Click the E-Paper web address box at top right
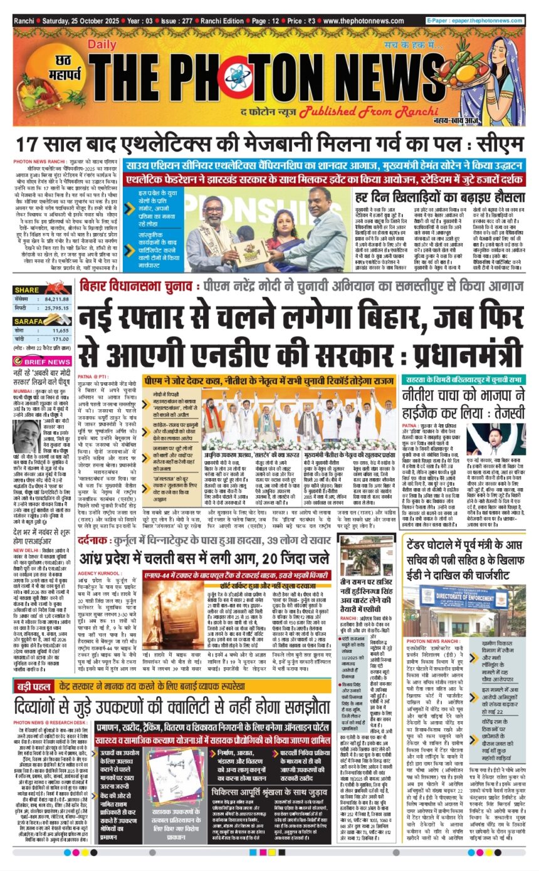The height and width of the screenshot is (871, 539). (x=474, y=21)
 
